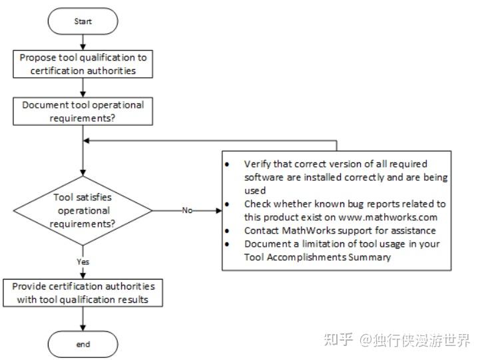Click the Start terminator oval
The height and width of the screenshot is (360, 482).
tap(83, 22)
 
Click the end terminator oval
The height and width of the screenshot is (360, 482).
tap(83, 344)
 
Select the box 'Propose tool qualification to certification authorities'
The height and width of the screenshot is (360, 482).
tap(83, 63)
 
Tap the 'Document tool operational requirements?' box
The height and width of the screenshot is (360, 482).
tap(83, 110)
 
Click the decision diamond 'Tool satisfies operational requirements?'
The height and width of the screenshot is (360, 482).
tap(83, 210)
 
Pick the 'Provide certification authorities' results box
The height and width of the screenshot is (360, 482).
tap(83, 292)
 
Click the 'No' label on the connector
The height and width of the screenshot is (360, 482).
tap(187, 210)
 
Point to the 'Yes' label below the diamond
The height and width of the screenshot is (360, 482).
tap(83, 262)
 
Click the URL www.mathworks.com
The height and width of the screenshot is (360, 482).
tap(377, 217)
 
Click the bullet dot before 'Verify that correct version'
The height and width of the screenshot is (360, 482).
tap(228, 164)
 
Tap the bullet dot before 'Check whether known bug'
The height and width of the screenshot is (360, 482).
tap(228, 204)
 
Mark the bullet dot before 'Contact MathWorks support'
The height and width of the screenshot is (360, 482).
tap(228, 230)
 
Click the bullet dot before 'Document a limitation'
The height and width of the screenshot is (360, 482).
tap(228, 244)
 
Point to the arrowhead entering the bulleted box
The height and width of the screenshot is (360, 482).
tap(218, 210)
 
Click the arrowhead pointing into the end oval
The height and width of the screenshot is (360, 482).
tap(83, 328)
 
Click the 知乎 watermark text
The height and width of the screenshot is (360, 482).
tap(337, 341)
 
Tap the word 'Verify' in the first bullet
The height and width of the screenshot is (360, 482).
tap(257, 164)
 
